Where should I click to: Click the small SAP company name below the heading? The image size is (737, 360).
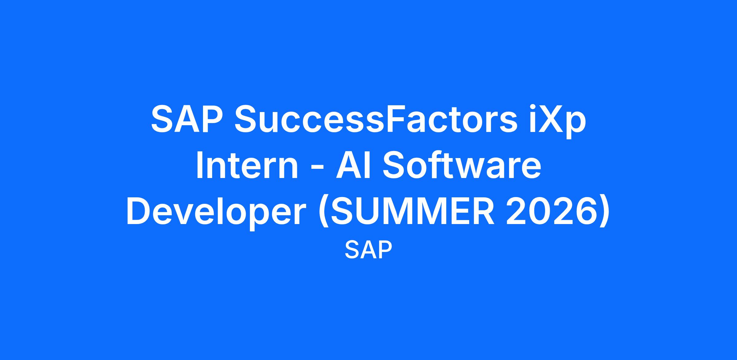[368, 250]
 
